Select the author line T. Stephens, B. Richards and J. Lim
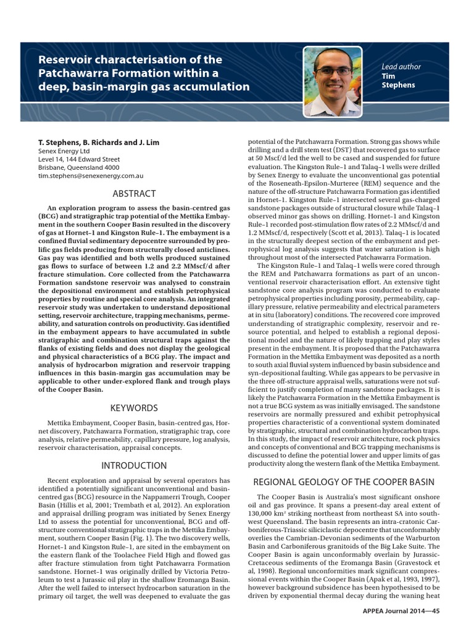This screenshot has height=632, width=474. point(99,143)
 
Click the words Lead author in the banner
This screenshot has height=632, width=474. point(402,67)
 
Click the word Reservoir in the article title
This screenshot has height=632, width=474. point(65,60)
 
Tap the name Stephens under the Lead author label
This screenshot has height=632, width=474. point(399,85)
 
